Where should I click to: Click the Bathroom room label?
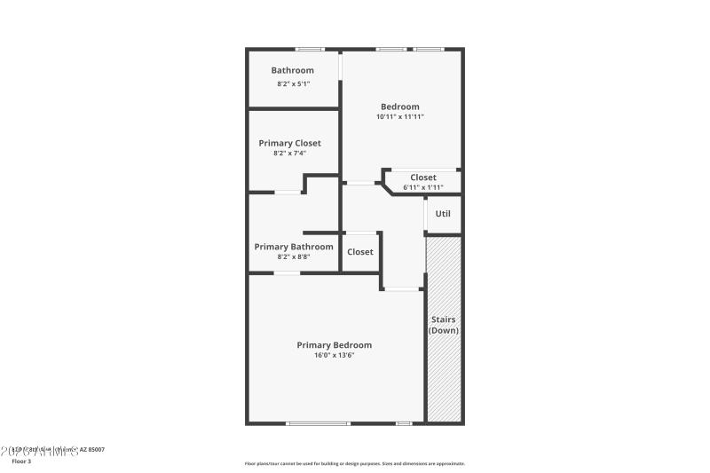point(292,71)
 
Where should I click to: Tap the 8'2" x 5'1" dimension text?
point(292,84)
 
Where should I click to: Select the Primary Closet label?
point(289,143)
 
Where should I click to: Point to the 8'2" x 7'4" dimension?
point(289,154)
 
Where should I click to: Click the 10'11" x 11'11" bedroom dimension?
point(399,117)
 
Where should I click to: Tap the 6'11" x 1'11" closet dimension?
point(422,187)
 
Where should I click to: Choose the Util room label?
point(443,214)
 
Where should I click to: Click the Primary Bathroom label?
point(294,247)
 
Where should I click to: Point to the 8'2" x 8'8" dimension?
point(294,257)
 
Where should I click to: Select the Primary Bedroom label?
point(334,345)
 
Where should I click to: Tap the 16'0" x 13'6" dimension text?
point(334,356)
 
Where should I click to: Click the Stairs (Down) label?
point(444,325)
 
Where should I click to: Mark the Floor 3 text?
point(20,461)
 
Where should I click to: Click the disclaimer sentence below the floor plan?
point(354,463)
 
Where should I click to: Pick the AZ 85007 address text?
point(91,450)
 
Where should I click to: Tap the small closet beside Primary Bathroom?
point(360,252)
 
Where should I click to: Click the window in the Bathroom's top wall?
point(309,49)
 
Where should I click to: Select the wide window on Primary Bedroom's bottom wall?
point(318,423)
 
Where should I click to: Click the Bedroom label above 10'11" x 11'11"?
point(399,106)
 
